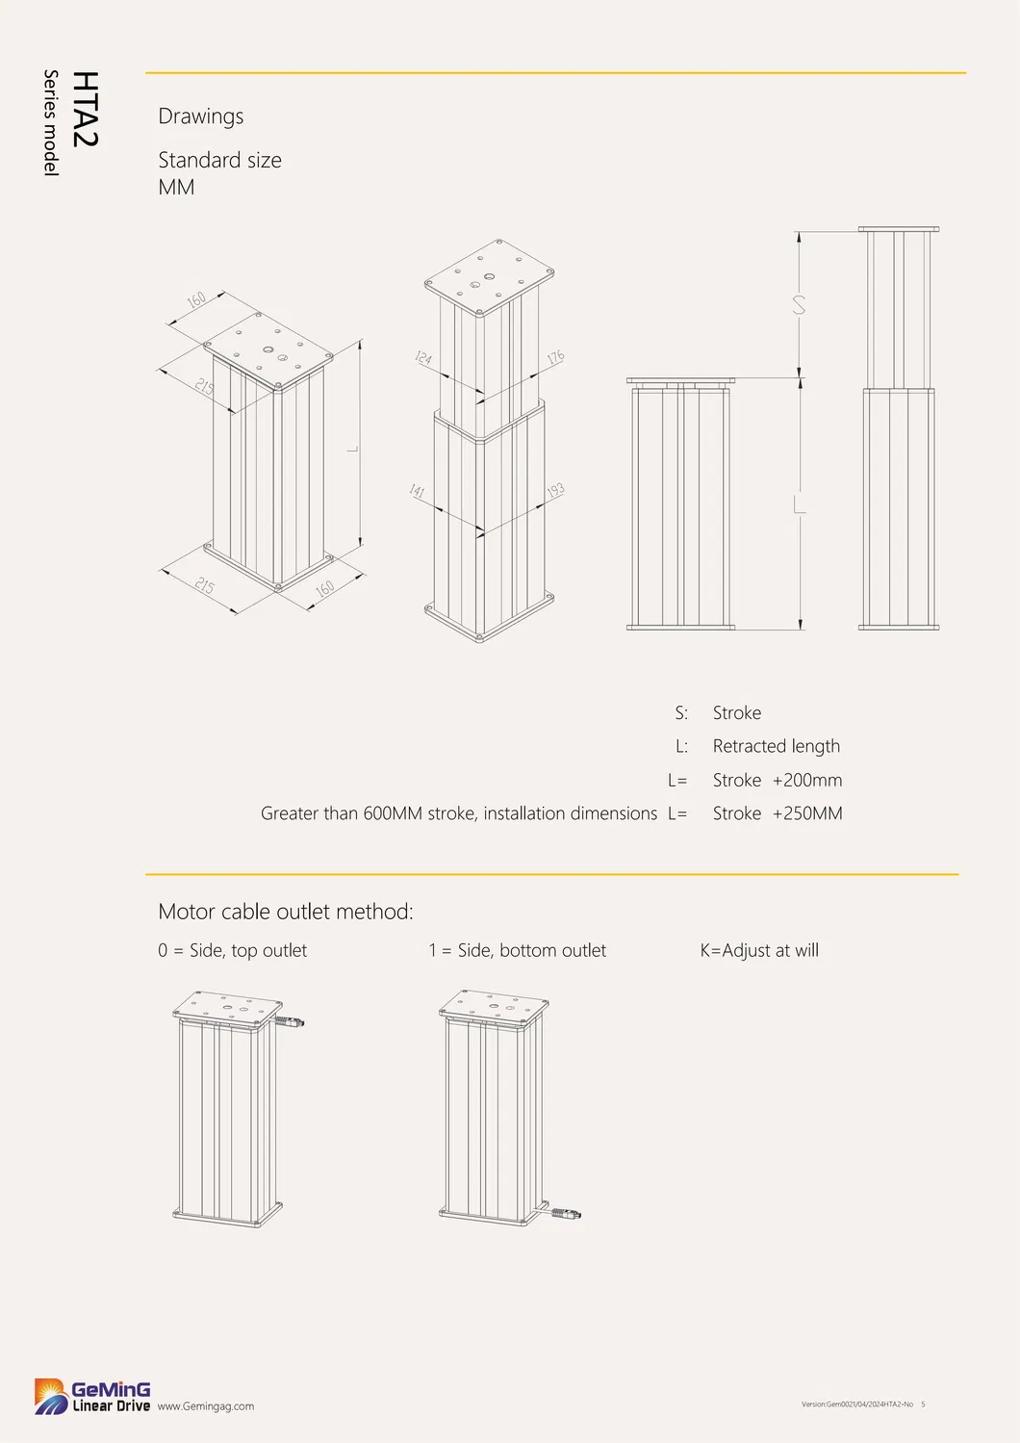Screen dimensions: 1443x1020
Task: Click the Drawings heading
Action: pyautogui.click(x=200, y=116)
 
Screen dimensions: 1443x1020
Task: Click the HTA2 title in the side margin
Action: pyautogui.click(x=85, y=109)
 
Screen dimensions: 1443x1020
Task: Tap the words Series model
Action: pyautogui.click(x=51, y=122)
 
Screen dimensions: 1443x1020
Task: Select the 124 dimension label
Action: pyautogui.click(x=423, y=358)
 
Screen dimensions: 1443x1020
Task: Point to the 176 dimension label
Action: pyautogui.click(x=555, y=357)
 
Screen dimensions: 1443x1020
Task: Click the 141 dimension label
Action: pyautogui.click(x=417, y=491)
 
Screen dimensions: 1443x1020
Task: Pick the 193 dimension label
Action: pyautogui.click(x=555, y=491)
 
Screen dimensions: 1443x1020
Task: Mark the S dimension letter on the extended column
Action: pyautogui.click(x=799, y=305)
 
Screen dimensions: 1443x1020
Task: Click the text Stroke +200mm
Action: pyautogui.click(x=777, y=780)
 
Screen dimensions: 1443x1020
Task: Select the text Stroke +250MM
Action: pyautogui.click(x=777, y=813)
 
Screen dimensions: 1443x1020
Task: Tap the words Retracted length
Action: pyautogui.click(x=776, y=746)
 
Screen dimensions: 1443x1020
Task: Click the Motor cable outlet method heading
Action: pyautogui.click(x=285, y=912)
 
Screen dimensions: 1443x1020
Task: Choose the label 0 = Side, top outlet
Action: pyautogui.click(x=232, y=950)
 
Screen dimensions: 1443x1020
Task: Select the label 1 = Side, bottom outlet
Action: pyautogui.click(x=517, y=950)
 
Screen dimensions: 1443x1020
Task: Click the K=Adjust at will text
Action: pyautogui.click(x=759, y=950)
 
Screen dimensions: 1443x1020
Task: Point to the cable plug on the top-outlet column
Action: pyautogui.click(x=293, y=1020)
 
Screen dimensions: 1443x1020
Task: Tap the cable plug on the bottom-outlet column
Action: pyautogui.click(x=569, y=1214)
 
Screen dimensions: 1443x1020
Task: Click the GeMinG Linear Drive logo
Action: pyautogui.click(x=92, y=1396)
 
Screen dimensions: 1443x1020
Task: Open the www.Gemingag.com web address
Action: pyautogui.click(x=206, y=1406)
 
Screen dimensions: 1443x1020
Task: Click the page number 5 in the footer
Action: pyautogui.click(x=923, y=1404)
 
